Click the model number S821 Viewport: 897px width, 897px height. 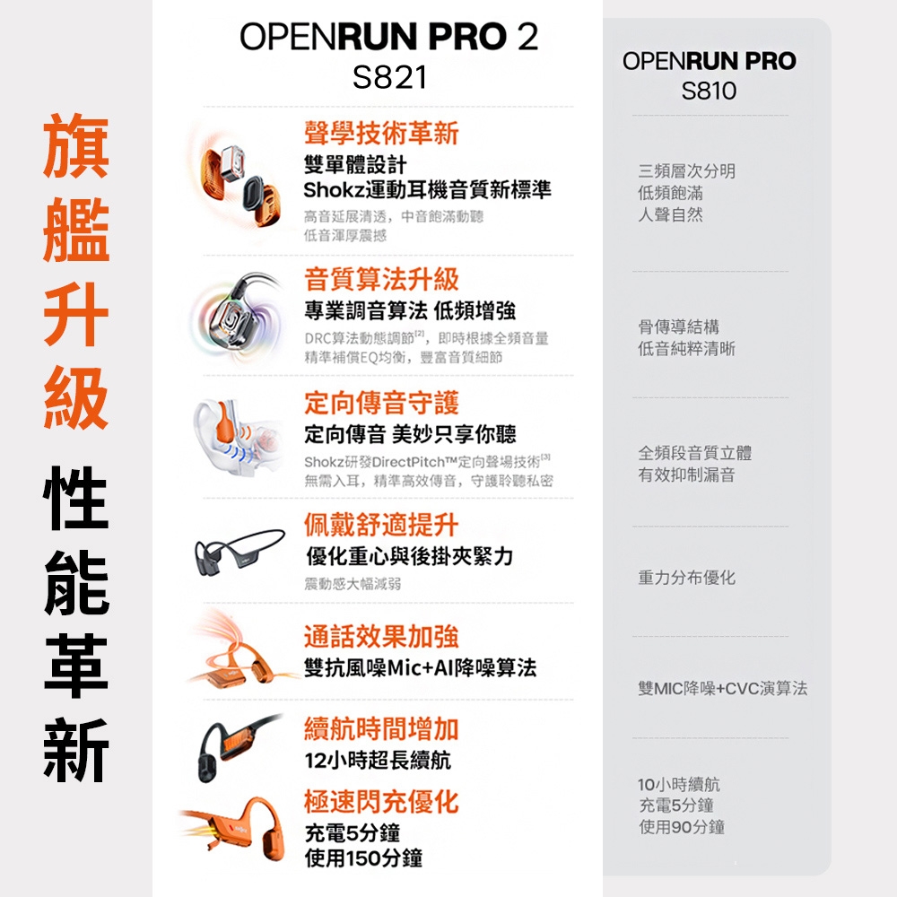coord(389,78)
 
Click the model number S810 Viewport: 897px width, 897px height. coord(709,91)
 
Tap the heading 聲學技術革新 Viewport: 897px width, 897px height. coord(381,134)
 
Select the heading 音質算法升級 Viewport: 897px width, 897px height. coord(381,279)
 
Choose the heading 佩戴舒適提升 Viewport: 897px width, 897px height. coord(381,525)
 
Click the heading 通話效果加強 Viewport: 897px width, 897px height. coord(381,636)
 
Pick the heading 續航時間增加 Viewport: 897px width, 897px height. coord(381,728)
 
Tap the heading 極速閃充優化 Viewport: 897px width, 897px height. coord(381,801)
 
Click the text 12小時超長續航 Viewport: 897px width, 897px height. coord(378,761)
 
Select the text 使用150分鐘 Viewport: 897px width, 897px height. coord(363,858)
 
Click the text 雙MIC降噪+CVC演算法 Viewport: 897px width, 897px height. coord(722,689)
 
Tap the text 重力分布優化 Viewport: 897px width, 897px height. coord(686,578)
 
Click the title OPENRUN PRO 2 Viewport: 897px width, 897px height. coord(389,38)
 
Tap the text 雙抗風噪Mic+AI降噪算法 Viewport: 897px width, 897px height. coord(420,667)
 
